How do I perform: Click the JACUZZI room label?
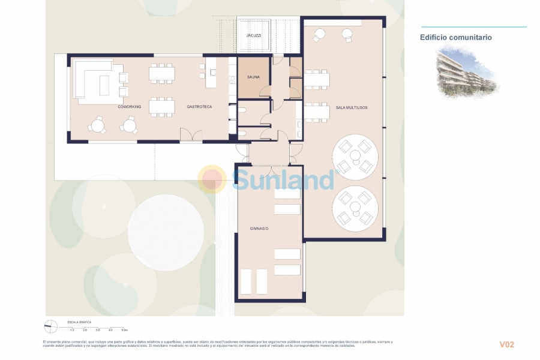253,35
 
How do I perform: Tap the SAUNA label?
253,77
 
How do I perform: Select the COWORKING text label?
129,107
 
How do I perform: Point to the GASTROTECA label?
199,107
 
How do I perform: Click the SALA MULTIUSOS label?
352,107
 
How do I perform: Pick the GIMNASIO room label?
259,229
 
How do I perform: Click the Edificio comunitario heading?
455,37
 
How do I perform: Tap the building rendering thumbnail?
466,73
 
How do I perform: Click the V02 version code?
507,344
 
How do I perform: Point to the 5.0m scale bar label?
124,330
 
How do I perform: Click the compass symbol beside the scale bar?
51,326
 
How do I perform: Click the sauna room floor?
253,87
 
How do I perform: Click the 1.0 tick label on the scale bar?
72,330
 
